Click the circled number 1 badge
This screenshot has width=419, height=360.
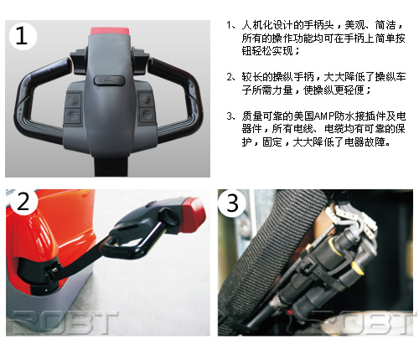[23, 36]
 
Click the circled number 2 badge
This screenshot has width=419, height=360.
[23, 202]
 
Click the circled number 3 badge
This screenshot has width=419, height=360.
[232, 203]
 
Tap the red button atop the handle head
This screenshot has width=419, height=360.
[110, 31]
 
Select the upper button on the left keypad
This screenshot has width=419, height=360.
[73, 100]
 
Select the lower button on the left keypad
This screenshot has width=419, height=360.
[73, 116]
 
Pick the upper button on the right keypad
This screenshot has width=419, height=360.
[146, 100]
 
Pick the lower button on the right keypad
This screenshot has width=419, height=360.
[146, 115]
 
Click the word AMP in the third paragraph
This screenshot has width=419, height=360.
[324, 116]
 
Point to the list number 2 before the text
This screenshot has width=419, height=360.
[230, 77]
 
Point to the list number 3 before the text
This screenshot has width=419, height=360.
[230, 116]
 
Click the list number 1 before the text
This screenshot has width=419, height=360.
[230, 25]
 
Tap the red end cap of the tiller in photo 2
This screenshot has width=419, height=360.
[193, 214]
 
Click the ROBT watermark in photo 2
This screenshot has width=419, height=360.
[63, 322]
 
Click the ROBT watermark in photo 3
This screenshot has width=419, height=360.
[363, 322]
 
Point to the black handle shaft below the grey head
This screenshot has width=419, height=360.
[111, 166]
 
